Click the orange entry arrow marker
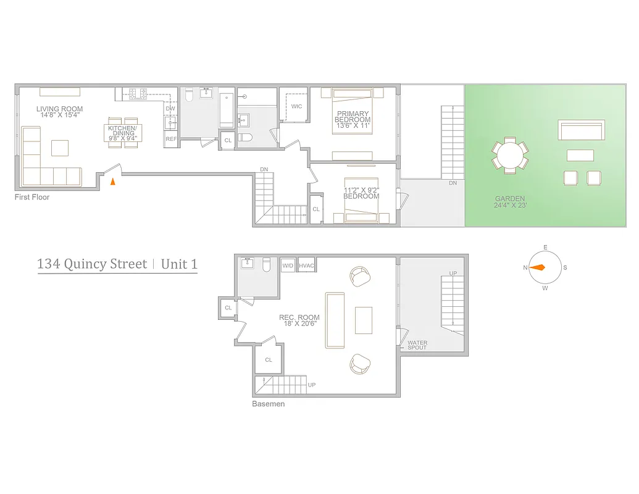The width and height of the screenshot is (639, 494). pos(112,182)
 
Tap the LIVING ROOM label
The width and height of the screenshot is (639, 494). pos(59,109)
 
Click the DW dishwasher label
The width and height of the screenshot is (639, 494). pos(170,109)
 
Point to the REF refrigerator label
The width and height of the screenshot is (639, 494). pos(171,139)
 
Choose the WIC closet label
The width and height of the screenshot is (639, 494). pos(296,106)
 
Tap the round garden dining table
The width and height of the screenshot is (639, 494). pos(510,156)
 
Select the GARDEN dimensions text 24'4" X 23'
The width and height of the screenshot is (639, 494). pos(510,206)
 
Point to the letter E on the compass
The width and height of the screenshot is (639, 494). pos(545,248)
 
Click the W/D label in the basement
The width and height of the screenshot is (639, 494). pos(288,266)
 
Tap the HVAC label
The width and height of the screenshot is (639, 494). pos(307,266)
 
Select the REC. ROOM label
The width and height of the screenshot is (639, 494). pos(299,317)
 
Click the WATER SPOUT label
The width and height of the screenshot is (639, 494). pos(417,345)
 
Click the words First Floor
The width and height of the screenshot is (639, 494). pos(32,197)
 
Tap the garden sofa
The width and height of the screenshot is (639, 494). pos(580,131)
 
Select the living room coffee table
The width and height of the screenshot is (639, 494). pos(60,148)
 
